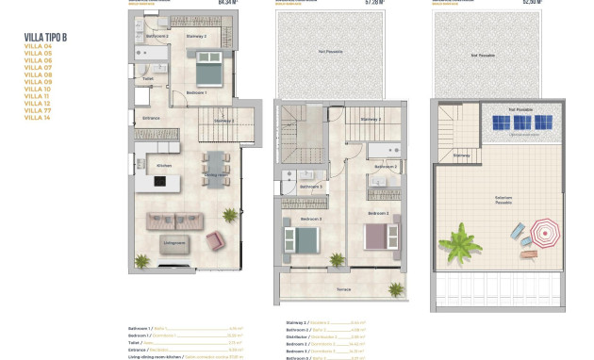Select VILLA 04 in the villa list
click(x=38, y=45)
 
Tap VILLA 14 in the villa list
click(x=38, y=117)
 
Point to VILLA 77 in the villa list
click(x=38, y=109)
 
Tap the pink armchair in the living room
click(x=216, y=241)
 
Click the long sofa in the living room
click(x=174, y=221)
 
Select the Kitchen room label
click(x=163, y=166)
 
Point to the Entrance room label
click(x=151, y=118)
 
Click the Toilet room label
click(x=148, y=78)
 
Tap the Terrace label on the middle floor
click(x=330, y=288)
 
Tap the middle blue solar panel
click(x=520, y=123)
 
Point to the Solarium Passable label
click(x=503, y=200)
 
